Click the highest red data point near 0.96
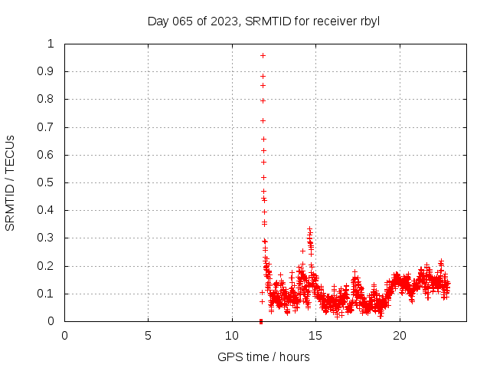tap(263, 55)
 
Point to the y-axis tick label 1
tap(51, 44)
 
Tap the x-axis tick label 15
tap(315, 335)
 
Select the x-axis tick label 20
tap(399, 335)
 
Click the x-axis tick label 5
tap(148, 335)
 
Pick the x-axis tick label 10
tap(231, 335)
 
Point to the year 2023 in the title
tap(224, 21)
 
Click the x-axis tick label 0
tap(64, 335)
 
